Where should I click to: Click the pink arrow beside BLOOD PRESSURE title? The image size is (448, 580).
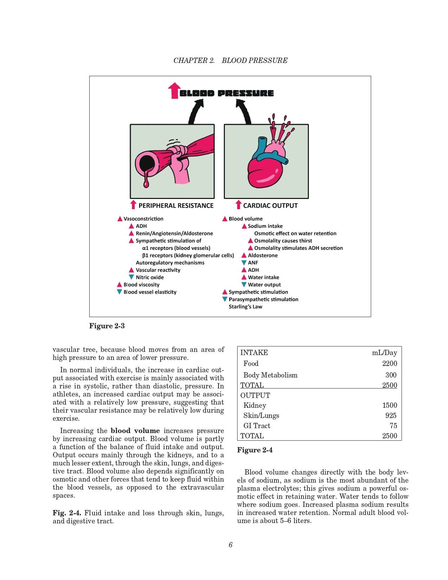pos(174,91)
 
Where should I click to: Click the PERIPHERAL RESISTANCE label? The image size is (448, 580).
pos(176,206)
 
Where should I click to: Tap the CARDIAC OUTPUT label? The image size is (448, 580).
pos(270,206)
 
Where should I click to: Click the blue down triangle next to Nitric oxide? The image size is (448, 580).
pos(131,277)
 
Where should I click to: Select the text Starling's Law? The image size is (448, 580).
pos(245,307)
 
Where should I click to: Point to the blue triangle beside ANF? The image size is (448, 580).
pos(244,263)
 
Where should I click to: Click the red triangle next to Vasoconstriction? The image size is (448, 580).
pos(120,219)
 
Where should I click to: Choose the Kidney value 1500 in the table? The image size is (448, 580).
pos(389,405)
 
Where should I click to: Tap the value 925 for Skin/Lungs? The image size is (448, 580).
pos(390,415)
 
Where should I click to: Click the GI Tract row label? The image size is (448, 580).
pos(257,426)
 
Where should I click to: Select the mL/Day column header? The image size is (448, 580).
pos(384,353)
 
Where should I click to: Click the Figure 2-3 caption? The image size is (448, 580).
pos(107,326)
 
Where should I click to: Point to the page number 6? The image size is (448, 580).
pos(231,545)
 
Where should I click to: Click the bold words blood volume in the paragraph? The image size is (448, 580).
pos(135,431)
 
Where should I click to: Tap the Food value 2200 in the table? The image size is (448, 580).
pos(389,363)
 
